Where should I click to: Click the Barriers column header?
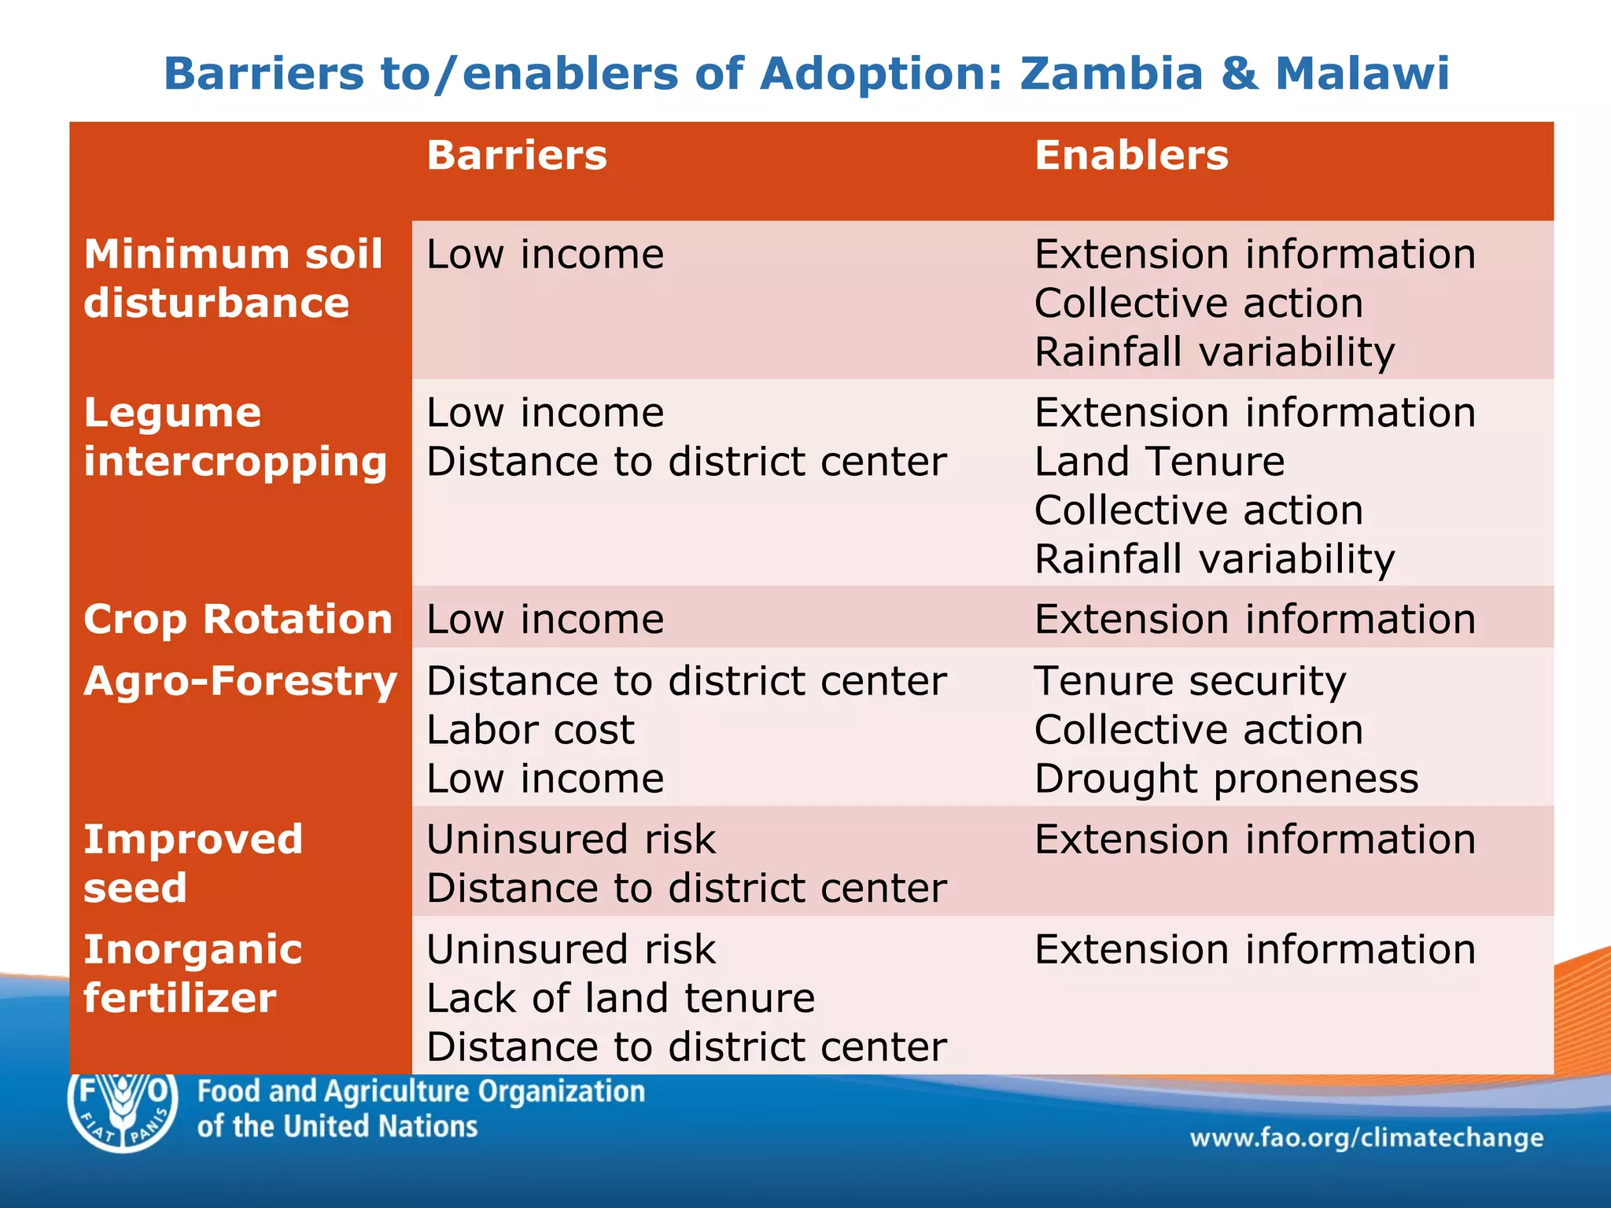pos(517,155)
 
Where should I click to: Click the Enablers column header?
pos(1130,155)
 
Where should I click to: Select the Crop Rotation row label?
pos(238,619)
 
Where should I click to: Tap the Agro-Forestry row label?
pos(240,681)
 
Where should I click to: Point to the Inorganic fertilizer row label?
pos(193,974)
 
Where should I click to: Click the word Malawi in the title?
pos(1362,74)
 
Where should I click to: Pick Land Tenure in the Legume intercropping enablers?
pos(1159,462)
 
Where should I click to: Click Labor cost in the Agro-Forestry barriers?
pos(530,730)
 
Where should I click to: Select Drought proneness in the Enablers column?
pos(1226,779)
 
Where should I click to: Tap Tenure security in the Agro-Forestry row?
pos(1189,681)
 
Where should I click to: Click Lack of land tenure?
pos(621,998)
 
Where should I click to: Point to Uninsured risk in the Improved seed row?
pos(571,839)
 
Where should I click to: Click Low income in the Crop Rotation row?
pos(545,619)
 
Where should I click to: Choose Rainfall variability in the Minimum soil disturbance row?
pos(1215,352)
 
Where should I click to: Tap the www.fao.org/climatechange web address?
pos(1366,1138)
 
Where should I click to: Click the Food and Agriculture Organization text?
pos(421,1092)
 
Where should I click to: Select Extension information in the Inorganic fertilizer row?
pos(1255,949)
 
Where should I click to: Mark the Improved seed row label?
pos(193,864)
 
